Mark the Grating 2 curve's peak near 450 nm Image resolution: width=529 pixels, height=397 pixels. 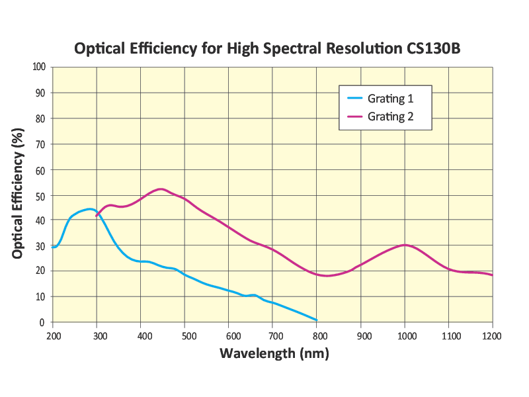(160, 189)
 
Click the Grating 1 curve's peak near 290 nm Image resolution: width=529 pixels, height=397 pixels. (91, 209)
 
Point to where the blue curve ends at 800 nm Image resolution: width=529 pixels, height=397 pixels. (317, 320)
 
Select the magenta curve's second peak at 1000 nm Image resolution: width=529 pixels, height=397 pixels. (405, 245)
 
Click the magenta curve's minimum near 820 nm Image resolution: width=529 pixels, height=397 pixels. (327, 275)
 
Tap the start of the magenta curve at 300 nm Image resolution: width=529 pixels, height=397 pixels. (97, 216)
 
